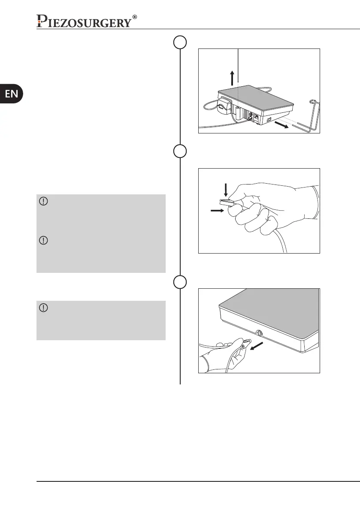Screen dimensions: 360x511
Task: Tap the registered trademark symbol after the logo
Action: [135, 17]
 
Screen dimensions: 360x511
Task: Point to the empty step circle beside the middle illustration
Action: [180, 151]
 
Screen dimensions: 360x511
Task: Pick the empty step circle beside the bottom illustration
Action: [180, 281]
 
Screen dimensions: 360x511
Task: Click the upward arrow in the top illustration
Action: [232, 78]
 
